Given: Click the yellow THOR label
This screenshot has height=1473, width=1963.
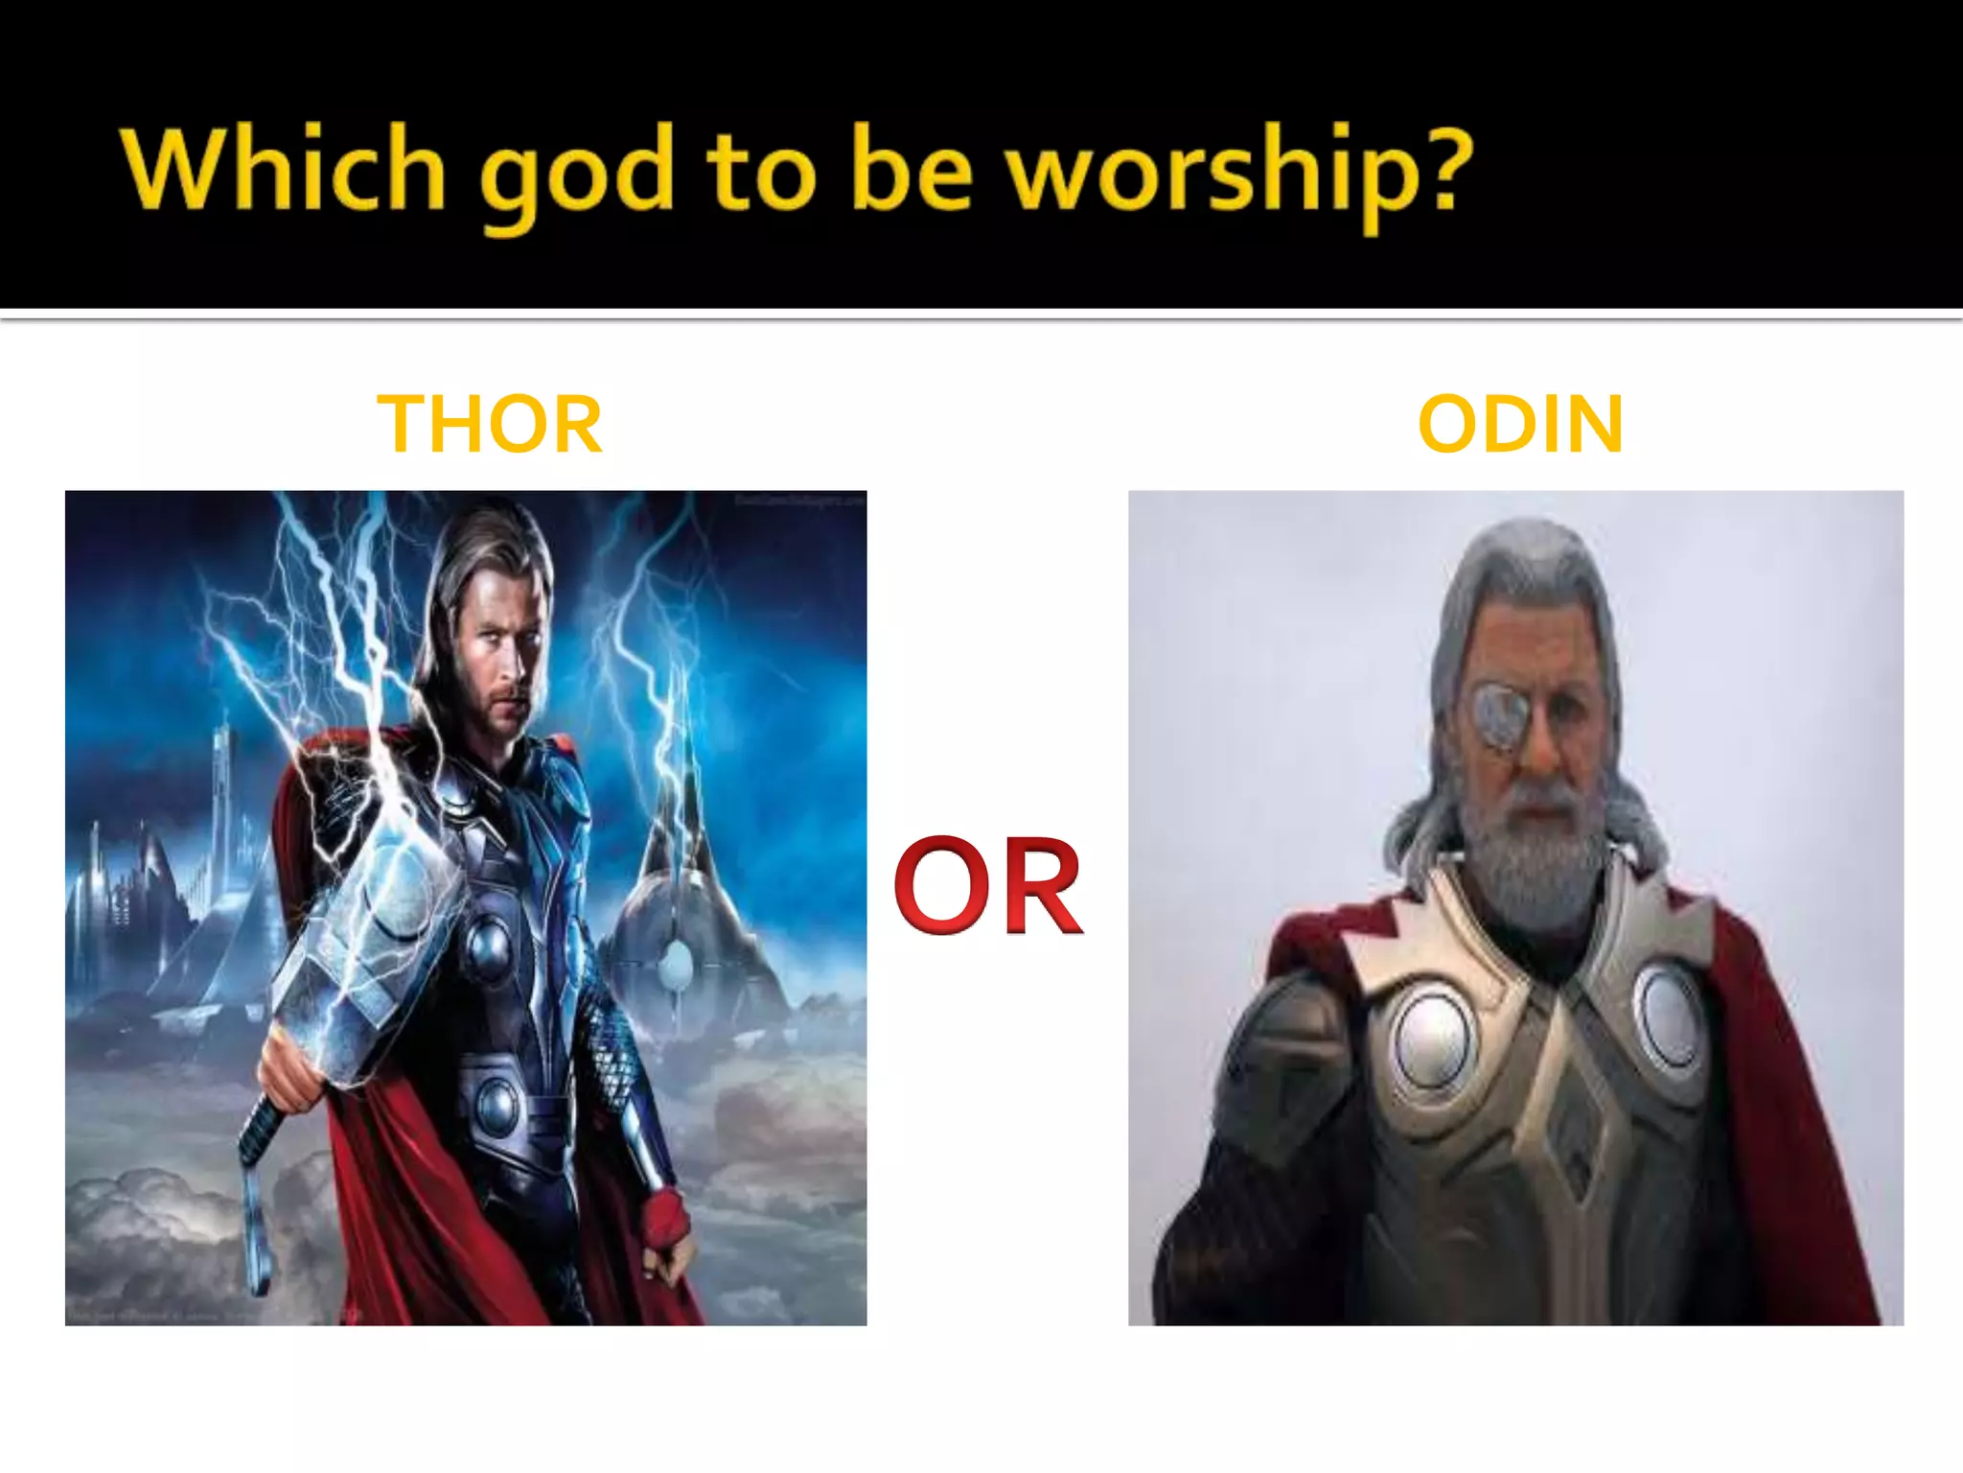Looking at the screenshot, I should point(490,424).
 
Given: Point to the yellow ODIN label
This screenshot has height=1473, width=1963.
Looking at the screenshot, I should point(1520,424).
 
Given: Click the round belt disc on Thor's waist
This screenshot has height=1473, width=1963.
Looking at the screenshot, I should point(497,1103).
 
